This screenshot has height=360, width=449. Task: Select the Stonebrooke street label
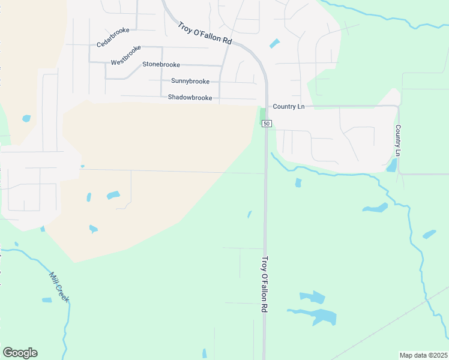(161, 64)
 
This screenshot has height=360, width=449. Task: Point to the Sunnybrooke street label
(190, 81)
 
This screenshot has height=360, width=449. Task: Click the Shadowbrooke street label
(190, 97)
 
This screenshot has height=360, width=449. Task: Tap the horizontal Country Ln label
(289, 106)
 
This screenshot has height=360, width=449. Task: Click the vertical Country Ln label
(398, 141)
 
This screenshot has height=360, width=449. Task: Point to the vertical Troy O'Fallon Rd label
(264, 285)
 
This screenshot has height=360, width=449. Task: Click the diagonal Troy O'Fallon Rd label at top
(205, 33)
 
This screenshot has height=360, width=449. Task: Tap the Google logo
(20, 353)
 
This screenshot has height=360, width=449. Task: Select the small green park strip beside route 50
(262, 115)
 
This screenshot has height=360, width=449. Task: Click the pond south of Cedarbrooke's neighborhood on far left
(26, 119)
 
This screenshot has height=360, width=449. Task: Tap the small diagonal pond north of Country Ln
(274, 43)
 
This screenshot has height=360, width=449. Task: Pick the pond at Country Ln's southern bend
(392, 166)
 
